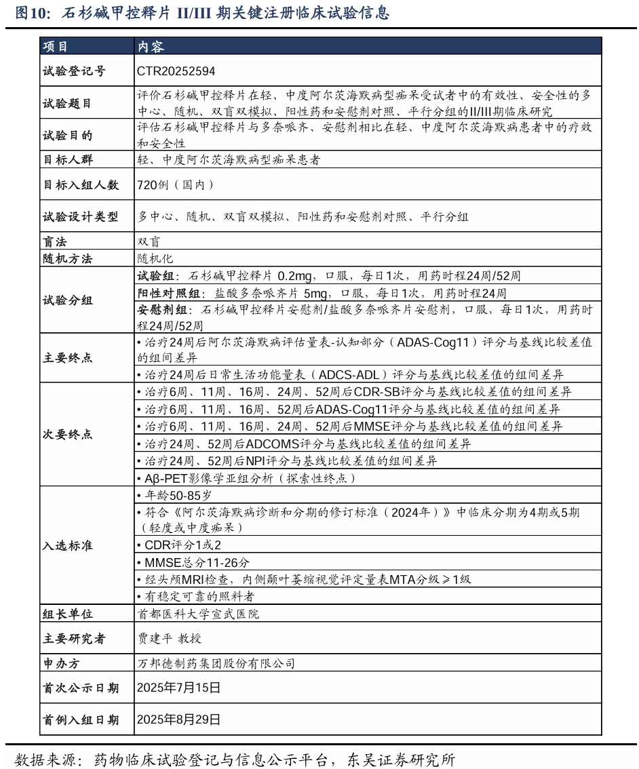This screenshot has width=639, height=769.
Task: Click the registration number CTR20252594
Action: click(176, 71)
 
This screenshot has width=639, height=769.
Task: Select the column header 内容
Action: click(151, 46)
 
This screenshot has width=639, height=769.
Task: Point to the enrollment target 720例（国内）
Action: click(175, 184)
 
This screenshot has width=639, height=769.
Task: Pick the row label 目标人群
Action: click(68, 160)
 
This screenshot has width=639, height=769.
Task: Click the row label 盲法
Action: click(56, 242)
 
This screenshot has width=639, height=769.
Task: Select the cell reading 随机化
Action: click(155, 258)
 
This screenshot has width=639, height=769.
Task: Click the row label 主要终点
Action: click(68, 357)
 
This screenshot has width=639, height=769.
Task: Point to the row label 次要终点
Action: click(68, 435)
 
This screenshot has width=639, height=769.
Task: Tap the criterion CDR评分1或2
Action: click(178, 545)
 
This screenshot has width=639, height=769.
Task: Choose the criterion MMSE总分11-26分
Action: click(193, 562)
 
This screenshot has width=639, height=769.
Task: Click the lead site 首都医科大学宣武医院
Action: click(198, 614)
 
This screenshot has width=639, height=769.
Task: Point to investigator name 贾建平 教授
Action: click(169, 638)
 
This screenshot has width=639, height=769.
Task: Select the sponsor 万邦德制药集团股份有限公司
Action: click(216, 663)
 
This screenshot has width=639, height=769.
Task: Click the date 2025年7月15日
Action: click(178, 688)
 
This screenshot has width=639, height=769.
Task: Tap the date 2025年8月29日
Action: click(178, 719)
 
